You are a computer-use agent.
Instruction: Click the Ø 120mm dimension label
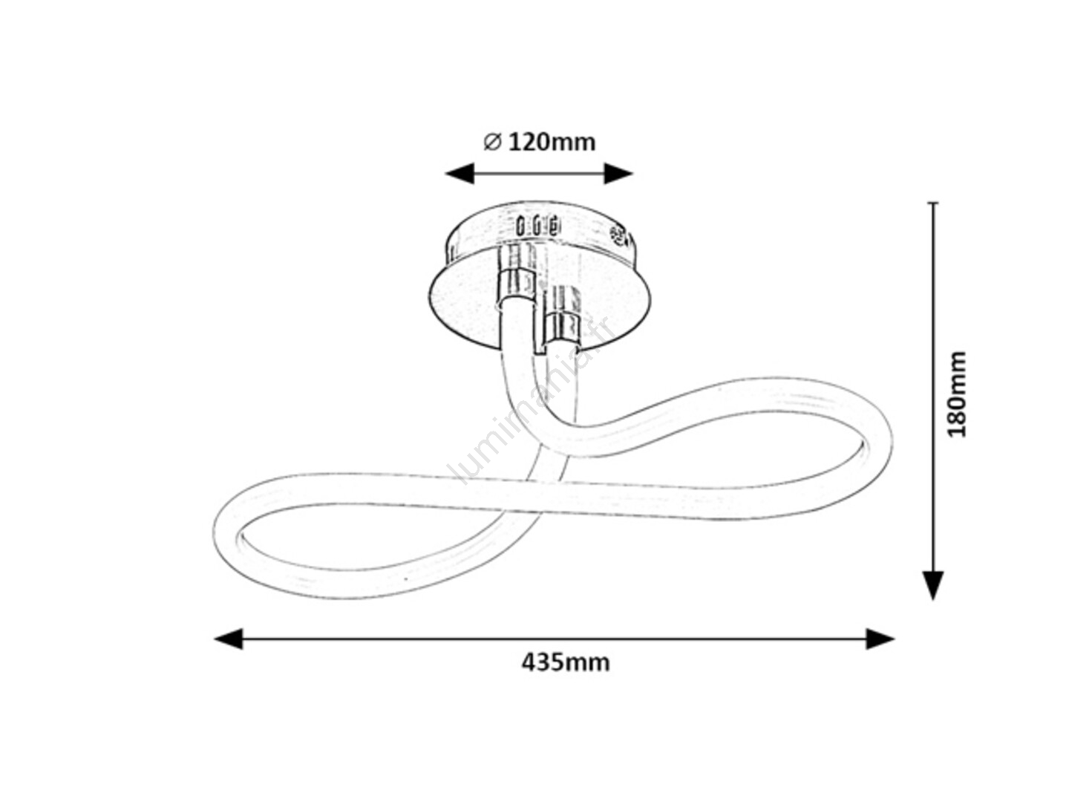(x=539, y=142)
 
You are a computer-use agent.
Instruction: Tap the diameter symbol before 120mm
(x=492, y=142)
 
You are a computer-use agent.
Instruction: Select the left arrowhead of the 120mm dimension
(x=460, y=173)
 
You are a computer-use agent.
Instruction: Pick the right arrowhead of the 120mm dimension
(x=618, y=173)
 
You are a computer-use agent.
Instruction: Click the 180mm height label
(x=956, y=394)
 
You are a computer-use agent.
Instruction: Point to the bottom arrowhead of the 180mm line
(x=933, y=585)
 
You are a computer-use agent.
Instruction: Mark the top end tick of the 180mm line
(x=933, y=203)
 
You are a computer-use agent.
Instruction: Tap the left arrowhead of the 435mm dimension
(x=229, y=639)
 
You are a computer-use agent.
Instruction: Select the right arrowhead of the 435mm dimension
(x=880, y=639)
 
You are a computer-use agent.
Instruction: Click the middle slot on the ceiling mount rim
(x=536, y=226)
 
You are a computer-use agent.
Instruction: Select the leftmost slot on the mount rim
(x=520, y=226)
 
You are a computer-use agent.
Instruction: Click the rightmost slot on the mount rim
(x=552, y=226)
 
